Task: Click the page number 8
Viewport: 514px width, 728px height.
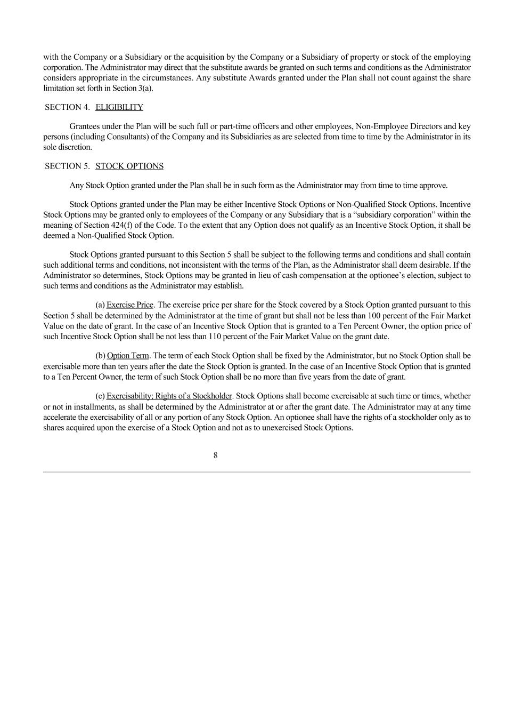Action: pos(215,455)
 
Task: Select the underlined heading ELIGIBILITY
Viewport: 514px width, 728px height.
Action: pos(119,107)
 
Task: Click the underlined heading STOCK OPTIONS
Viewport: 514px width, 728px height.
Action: pos(129,166)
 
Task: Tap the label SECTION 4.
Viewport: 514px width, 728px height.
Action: pos(67,107)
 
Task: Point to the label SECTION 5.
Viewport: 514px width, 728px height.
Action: pos(67,166)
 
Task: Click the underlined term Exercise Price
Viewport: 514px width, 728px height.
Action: pos(130,305)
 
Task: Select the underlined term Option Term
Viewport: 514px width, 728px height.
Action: pos(128,356)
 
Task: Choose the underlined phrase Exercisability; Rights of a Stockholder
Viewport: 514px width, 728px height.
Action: pos(169,396)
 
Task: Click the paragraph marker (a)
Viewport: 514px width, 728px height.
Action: pos(100,305)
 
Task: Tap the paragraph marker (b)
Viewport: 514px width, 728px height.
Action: pos(100,356)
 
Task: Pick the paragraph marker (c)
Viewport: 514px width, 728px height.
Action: pos(100,396)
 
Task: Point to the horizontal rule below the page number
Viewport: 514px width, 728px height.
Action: pos(257,472)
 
